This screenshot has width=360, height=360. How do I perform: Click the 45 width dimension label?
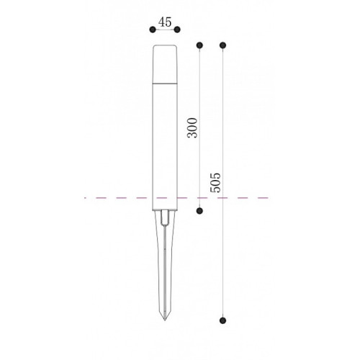click(x=165, y=22)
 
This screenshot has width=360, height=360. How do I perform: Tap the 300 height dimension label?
click(x=192, y=127)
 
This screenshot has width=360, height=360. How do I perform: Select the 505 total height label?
click(x=215, y=182)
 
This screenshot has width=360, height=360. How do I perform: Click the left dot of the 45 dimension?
click(x=153, y=30)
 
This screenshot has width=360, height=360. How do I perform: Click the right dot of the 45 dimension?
click(x=177, y=30)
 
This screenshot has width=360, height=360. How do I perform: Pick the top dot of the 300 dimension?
click(x=199, y=45)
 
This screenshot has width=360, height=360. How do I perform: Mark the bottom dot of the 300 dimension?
click(x=199, y=211)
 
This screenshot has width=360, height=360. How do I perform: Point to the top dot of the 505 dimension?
click(x=223, y=45)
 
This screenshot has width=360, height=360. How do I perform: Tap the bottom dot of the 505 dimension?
click(x=223, y=320)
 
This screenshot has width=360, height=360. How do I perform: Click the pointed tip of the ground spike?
click(x=165, y=320)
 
